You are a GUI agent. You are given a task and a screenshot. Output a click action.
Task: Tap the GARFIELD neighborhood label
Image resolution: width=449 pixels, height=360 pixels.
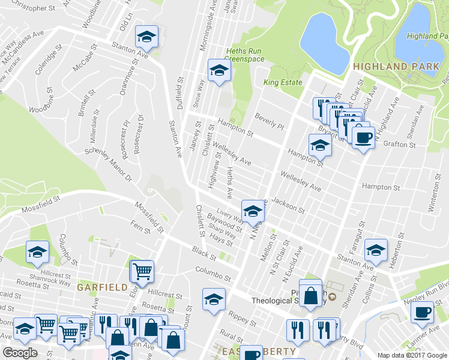coord(102,287)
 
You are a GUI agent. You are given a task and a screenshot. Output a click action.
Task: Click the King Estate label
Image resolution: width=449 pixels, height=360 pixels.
coord(283,82)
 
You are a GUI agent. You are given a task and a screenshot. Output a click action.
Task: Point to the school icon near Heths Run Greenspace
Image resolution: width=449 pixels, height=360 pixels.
coord(219,71)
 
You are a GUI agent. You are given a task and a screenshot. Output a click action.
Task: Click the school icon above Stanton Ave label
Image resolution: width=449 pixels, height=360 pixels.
coord(145,38)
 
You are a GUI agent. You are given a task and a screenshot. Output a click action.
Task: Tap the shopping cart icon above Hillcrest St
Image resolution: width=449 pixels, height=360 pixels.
coord(142,271)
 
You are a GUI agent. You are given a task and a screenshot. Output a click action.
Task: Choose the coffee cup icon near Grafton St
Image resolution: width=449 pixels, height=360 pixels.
coord(363,138)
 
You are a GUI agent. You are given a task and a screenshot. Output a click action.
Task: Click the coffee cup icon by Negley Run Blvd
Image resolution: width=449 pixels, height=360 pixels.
coord(423,312)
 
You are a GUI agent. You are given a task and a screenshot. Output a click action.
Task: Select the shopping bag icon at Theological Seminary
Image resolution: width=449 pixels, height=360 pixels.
coord(310,295)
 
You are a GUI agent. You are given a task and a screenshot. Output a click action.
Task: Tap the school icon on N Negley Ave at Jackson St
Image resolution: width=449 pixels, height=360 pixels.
coord(253,211)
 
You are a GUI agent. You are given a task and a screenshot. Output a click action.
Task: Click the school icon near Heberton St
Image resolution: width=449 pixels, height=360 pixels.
coord(376,250)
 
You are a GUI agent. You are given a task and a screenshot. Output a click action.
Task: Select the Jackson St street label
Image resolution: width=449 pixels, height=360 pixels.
coord(288,205)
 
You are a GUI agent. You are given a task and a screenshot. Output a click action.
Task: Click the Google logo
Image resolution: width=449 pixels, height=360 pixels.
coord(20,353)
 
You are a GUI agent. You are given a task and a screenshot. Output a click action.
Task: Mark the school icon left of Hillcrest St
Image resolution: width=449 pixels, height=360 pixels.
coord(37,252)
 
